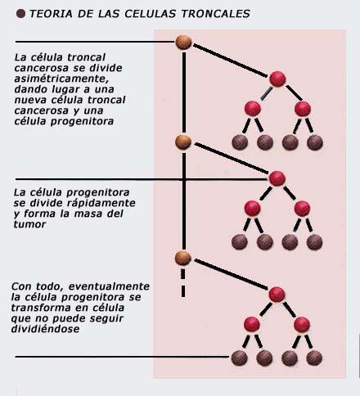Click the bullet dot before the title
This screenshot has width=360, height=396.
point(20,13)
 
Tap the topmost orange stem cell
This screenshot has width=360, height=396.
point(183,43)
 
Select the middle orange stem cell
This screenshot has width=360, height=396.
point(183,142)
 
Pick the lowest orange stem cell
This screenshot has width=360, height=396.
point(183,259)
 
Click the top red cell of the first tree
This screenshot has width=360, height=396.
point(277,79)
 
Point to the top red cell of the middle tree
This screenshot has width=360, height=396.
point(277,178)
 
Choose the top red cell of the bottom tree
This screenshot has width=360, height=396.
point(277,295)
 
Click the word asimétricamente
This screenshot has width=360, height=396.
point(61,79)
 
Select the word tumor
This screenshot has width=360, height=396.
point(29,224)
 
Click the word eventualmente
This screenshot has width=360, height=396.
point(109,286)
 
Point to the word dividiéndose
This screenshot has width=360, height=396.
point(46,329)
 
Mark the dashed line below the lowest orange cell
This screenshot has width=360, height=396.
point(183,283)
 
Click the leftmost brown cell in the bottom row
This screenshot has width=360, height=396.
point(240,358)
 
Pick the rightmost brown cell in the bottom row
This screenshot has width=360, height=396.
point(314,358)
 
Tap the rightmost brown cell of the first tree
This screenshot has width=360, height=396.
point(315,142)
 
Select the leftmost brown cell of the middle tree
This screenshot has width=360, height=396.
point(240,242)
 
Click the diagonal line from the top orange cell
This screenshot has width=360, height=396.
point(231,61)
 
